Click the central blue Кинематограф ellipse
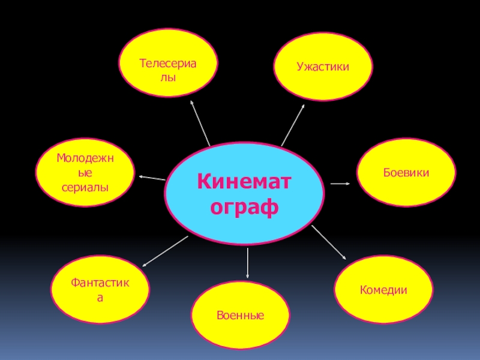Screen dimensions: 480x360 (x=245, y=191)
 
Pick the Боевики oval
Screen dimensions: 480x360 (x=406, y=172)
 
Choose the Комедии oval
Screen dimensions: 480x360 (x=383, y=290)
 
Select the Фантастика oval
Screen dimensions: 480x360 (x=100, y=289)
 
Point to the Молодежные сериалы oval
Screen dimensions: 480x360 (x=85, y=172)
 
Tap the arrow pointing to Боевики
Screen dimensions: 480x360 (x=340, y=183)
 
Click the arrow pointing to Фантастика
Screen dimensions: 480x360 (x=165, y=250)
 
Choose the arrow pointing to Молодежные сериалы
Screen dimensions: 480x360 (x=152, y=178)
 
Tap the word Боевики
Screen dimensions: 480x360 (x=406, y=172)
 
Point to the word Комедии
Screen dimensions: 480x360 (x=383, y=290)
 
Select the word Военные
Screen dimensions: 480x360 (x=241, y=315)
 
